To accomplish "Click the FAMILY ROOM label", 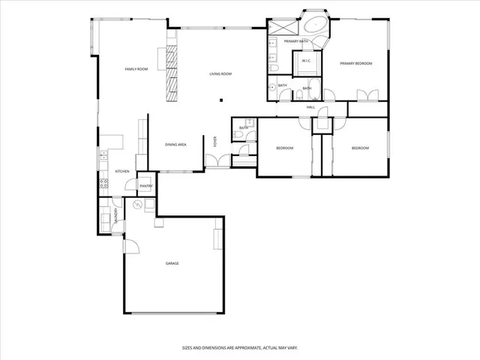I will pos(136,69).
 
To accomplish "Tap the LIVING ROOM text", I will pos(220,73).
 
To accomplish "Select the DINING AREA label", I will pos(175,144).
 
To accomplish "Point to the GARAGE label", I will pos(172,263).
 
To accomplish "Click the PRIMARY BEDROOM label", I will pos(356,64).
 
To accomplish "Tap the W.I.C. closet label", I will pos(306,61).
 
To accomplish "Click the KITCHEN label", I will pos(121,171).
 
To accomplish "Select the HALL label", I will pos(310,108).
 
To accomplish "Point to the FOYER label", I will pos(215,140).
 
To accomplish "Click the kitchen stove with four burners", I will pos(103,184).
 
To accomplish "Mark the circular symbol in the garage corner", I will pos(136,205).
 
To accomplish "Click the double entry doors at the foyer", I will pos(217,160).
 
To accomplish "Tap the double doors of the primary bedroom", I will pos(367,95).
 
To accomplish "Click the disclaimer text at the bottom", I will pos(239,347).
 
